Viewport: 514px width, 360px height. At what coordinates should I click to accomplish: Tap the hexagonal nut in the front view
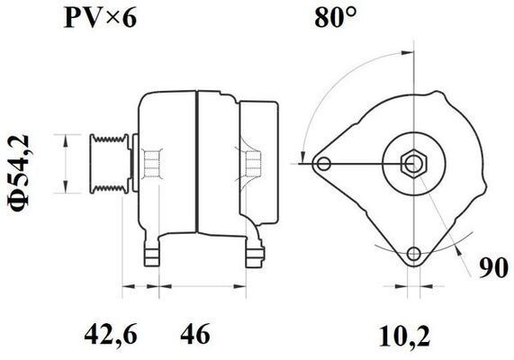[413, 164]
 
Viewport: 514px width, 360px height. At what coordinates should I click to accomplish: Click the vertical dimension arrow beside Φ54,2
[65, 164]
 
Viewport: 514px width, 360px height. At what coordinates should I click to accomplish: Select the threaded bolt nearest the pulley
[152, 164]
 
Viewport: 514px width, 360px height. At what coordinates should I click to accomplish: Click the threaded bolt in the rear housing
[251, 164]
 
